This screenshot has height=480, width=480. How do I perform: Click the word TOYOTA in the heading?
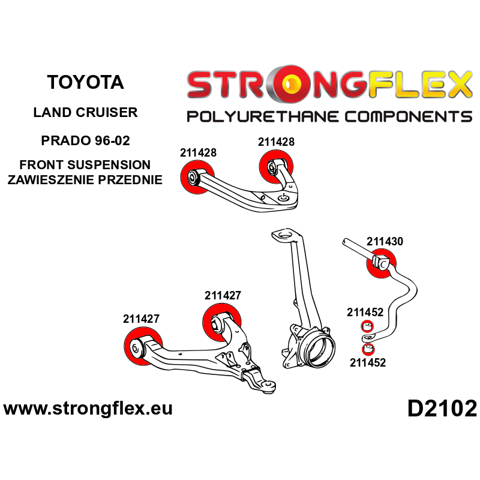click(85, 82)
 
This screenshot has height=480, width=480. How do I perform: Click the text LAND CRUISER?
click(85, 112)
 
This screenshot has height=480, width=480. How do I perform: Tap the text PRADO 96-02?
click(85, 142)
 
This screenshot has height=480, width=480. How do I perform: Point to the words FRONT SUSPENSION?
click(85, 165)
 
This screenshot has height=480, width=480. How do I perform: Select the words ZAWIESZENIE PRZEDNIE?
click(85, 179)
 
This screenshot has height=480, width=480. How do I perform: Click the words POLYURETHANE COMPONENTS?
click(329, 116)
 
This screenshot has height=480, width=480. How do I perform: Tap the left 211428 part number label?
click(198, 153)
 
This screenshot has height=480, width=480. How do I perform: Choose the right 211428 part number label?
click(276, 142)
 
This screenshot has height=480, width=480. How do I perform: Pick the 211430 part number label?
click(385, 242)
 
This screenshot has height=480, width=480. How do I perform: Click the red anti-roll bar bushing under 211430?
click(382, 263)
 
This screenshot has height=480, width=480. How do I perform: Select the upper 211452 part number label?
click(365, 312)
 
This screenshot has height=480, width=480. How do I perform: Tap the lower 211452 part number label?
click(367, 362)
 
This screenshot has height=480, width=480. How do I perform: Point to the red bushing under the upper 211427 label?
click(220, 322)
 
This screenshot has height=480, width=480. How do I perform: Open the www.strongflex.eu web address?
click(88, 409)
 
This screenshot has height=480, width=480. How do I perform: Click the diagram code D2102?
click(442, 409)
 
